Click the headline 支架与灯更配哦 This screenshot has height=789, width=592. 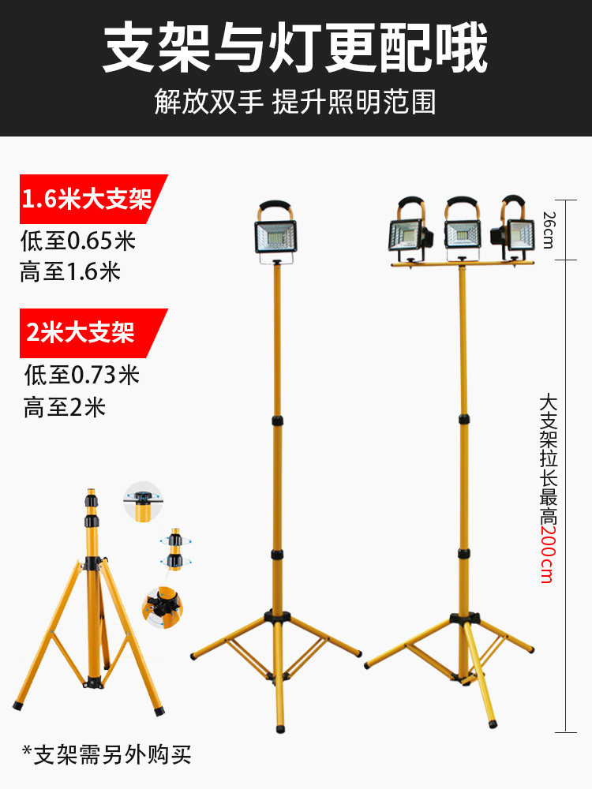pos(295,49)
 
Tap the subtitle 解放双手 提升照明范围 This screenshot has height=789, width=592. pos(295,102)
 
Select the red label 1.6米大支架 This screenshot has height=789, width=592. pos(87,199)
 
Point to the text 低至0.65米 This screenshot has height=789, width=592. pos(78,240)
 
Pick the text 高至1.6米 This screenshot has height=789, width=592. pos(70,272)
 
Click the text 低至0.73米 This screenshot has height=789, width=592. pos(81,374)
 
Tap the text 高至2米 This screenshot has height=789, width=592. pos(64,408)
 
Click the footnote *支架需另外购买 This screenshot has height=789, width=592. pos(106,754)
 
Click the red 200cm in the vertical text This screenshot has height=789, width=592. pos(546,554)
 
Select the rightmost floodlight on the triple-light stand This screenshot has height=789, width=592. pos(517,235)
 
